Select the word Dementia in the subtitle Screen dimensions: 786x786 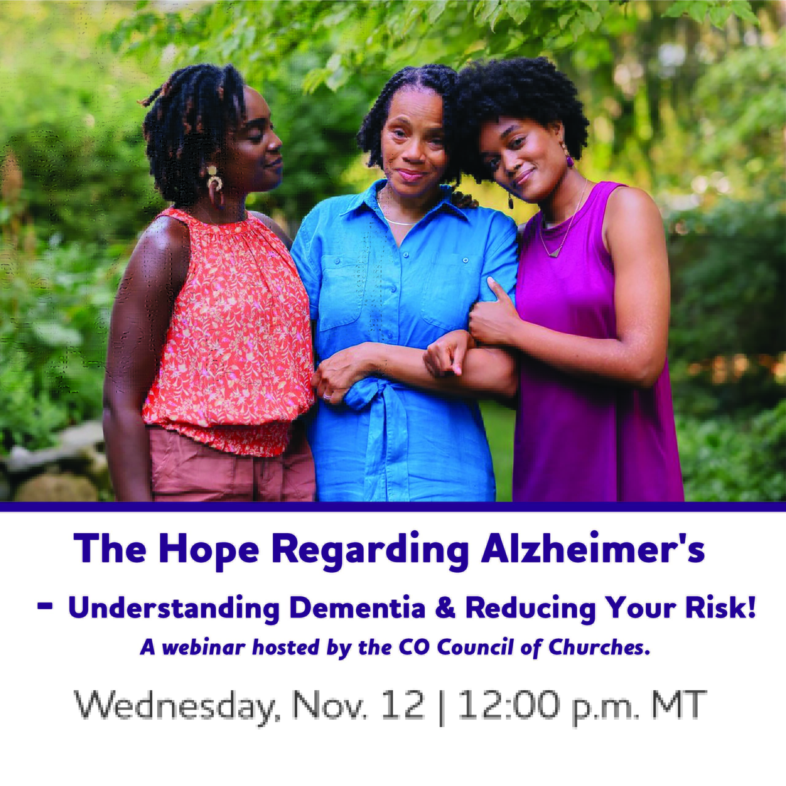coord(358,608)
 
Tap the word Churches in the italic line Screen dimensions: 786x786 coord(597,647)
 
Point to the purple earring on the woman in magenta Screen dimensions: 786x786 coord(570,161)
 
